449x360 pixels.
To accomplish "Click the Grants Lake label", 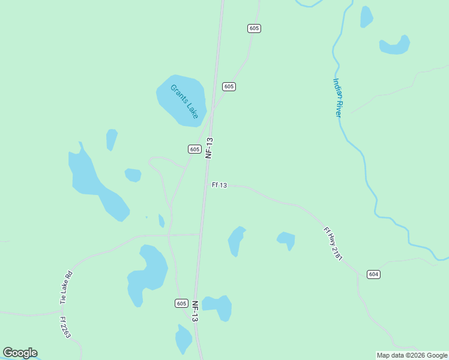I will (x=184, y=101).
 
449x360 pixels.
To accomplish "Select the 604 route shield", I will (x=373, y=274).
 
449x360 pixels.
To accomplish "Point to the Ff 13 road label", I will (x=219, y=185).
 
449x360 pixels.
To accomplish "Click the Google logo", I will (x=20, y=353).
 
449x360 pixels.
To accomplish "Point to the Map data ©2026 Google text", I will (x=412, y=355).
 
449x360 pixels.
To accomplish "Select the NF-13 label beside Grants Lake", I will (x=209, y=148).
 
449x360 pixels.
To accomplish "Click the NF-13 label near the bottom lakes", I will (x=194, y=311).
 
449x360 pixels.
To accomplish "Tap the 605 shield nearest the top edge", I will (x=254, y=28).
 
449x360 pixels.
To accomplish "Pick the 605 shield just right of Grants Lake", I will (x=228, y=86).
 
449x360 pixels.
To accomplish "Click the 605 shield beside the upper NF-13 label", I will (x=194, y=149).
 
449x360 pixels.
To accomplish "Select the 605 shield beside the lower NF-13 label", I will (x=182, y=303).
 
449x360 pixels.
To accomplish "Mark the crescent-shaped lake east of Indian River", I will (x=396, y=46).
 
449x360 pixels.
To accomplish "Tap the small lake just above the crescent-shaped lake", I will (x=366, y=17).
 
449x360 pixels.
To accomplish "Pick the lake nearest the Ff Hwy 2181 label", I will (x=286, y=239).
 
